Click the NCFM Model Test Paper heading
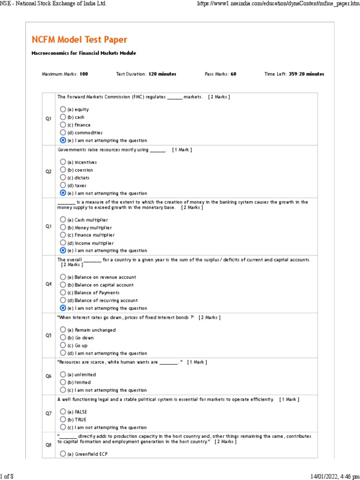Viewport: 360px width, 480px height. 79,40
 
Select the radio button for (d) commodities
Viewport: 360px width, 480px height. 63,133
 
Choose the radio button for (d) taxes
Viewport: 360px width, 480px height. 63,185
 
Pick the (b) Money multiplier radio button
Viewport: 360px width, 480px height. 63,227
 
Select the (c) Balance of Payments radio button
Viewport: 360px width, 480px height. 63,292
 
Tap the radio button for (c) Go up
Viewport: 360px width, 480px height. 63,345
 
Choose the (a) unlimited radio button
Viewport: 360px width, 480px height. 63,375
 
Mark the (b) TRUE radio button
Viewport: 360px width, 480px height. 63,420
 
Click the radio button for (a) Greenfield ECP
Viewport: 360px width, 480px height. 63,454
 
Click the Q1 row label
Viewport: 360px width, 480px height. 48,119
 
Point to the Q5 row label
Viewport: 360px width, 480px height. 48,335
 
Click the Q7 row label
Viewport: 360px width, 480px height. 48,413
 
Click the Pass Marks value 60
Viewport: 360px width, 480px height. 233,74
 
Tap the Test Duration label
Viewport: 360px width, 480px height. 131,74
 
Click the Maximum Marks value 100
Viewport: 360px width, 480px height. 84,74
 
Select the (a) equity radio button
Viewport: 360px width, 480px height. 63,109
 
